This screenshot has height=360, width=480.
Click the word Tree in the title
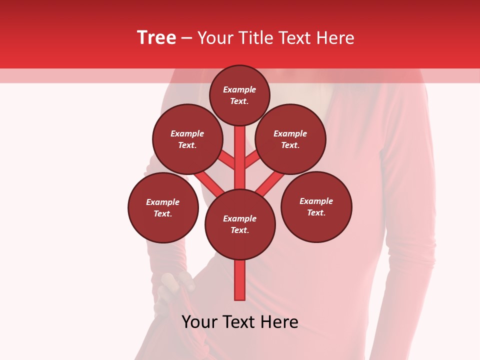coord(156,38)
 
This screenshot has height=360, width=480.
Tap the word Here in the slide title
coord(335,38)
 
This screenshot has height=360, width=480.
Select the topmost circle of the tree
coord(239,95)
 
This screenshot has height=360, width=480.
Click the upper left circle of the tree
coord(187,139)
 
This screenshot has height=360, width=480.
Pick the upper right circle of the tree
coord(290,139)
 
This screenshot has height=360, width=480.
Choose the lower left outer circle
coord(163,207)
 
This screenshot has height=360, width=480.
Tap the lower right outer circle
coord(316,206)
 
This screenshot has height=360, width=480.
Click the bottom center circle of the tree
coord(240,224)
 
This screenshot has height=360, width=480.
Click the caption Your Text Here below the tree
coord(240,322)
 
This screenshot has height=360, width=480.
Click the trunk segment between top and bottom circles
coord(240,160)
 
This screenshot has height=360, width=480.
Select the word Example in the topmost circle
coord(239,90)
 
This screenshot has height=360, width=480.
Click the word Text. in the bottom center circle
coord(239,230)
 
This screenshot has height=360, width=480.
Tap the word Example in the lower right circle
coord(316,201)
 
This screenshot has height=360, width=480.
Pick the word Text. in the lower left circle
coord(162,214)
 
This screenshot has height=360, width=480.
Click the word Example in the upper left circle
coord(187,133)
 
